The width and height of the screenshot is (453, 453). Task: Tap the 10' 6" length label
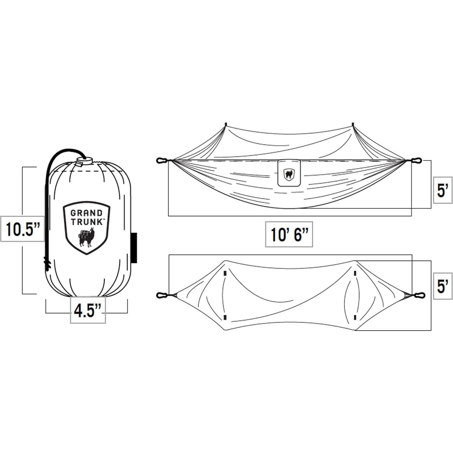(289, 235)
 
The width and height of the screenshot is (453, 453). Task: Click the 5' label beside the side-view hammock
(442, 190)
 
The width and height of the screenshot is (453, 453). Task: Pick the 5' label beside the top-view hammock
(442, 286)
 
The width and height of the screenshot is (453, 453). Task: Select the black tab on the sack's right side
(134, 248)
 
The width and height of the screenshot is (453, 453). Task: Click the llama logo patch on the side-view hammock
(289, 173)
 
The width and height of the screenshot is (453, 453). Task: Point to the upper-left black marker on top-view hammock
(225, 274)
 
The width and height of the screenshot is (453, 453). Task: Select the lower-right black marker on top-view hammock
(355, 317)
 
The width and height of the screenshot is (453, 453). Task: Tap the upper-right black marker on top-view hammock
(355, 274)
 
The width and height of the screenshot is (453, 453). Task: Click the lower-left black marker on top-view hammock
(225, 317)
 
